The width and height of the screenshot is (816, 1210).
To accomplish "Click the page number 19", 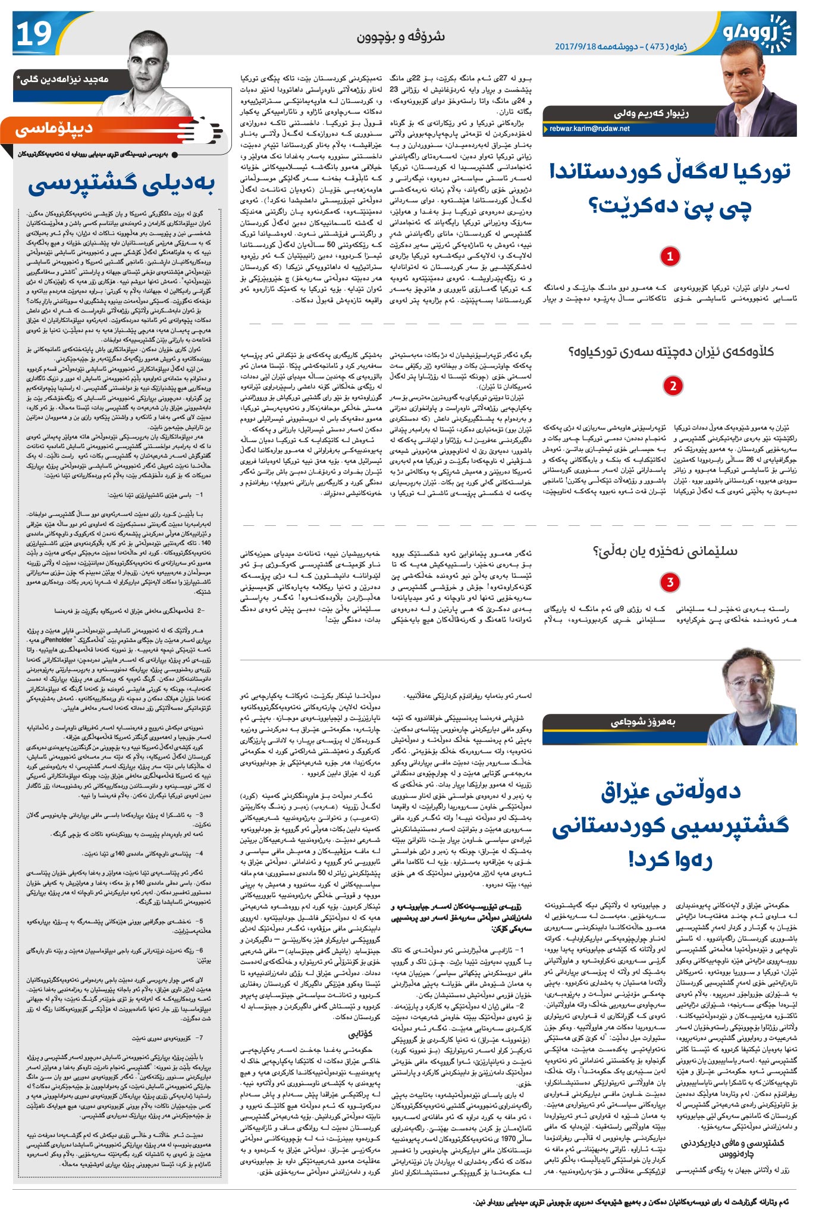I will tap(34, 34).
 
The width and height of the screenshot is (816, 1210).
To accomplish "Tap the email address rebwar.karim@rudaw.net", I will tap(589, 128).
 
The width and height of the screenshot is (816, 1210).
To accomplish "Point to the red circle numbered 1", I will tap(670, 256).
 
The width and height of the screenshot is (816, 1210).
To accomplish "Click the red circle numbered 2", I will tap(673, 385).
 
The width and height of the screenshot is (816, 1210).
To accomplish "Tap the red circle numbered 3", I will tap(670, 582).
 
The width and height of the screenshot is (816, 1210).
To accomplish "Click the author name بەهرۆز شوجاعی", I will tap(643, 722).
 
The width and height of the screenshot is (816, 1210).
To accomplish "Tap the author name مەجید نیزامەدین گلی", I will tap(65, 79).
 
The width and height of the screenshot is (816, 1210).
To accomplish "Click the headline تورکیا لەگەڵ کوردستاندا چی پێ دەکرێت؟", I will tap(670, 188).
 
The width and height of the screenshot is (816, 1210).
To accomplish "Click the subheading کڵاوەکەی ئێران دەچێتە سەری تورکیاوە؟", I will tap(671, 352).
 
